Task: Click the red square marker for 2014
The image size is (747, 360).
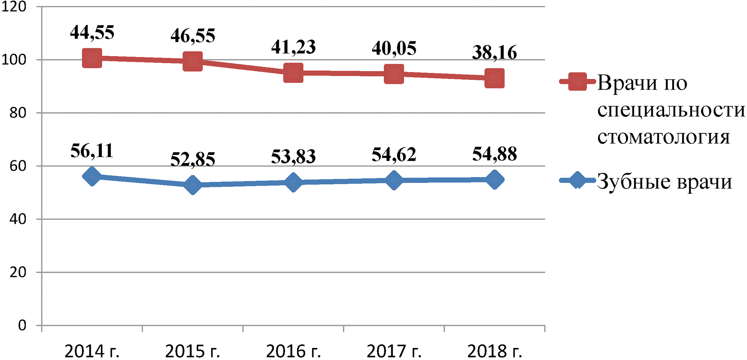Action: pos(92,58)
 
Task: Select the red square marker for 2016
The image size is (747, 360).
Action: pos(293,73)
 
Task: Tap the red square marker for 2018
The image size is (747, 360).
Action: pos(495,78)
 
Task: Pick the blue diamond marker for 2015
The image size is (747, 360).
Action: pos(193,185)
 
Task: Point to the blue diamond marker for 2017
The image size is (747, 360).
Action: pos(394,180)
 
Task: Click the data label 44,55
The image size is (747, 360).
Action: pos(92,32)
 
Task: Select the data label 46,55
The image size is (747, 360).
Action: pos(193,36)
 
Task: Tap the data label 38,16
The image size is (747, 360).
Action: pos(495,52)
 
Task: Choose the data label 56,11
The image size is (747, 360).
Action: pos(92,151)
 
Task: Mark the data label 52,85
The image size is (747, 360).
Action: pos(193,159)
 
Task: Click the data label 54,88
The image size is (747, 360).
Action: pos(495,154)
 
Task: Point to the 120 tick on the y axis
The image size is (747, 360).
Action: pos(14,7)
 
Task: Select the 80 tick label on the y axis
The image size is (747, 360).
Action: pos(18,113)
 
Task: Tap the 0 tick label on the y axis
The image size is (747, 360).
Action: pos(22,325)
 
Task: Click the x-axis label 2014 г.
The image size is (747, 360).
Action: pos(92,351)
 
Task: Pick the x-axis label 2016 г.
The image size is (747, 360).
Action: pos(293,351)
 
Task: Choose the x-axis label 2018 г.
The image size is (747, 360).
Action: pos(495,351)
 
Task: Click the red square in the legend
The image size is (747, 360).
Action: pos(577,82)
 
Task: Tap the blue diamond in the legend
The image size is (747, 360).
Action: pos(577,180)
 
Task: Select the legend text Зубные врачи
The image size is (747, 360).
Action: pos(664,181)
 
